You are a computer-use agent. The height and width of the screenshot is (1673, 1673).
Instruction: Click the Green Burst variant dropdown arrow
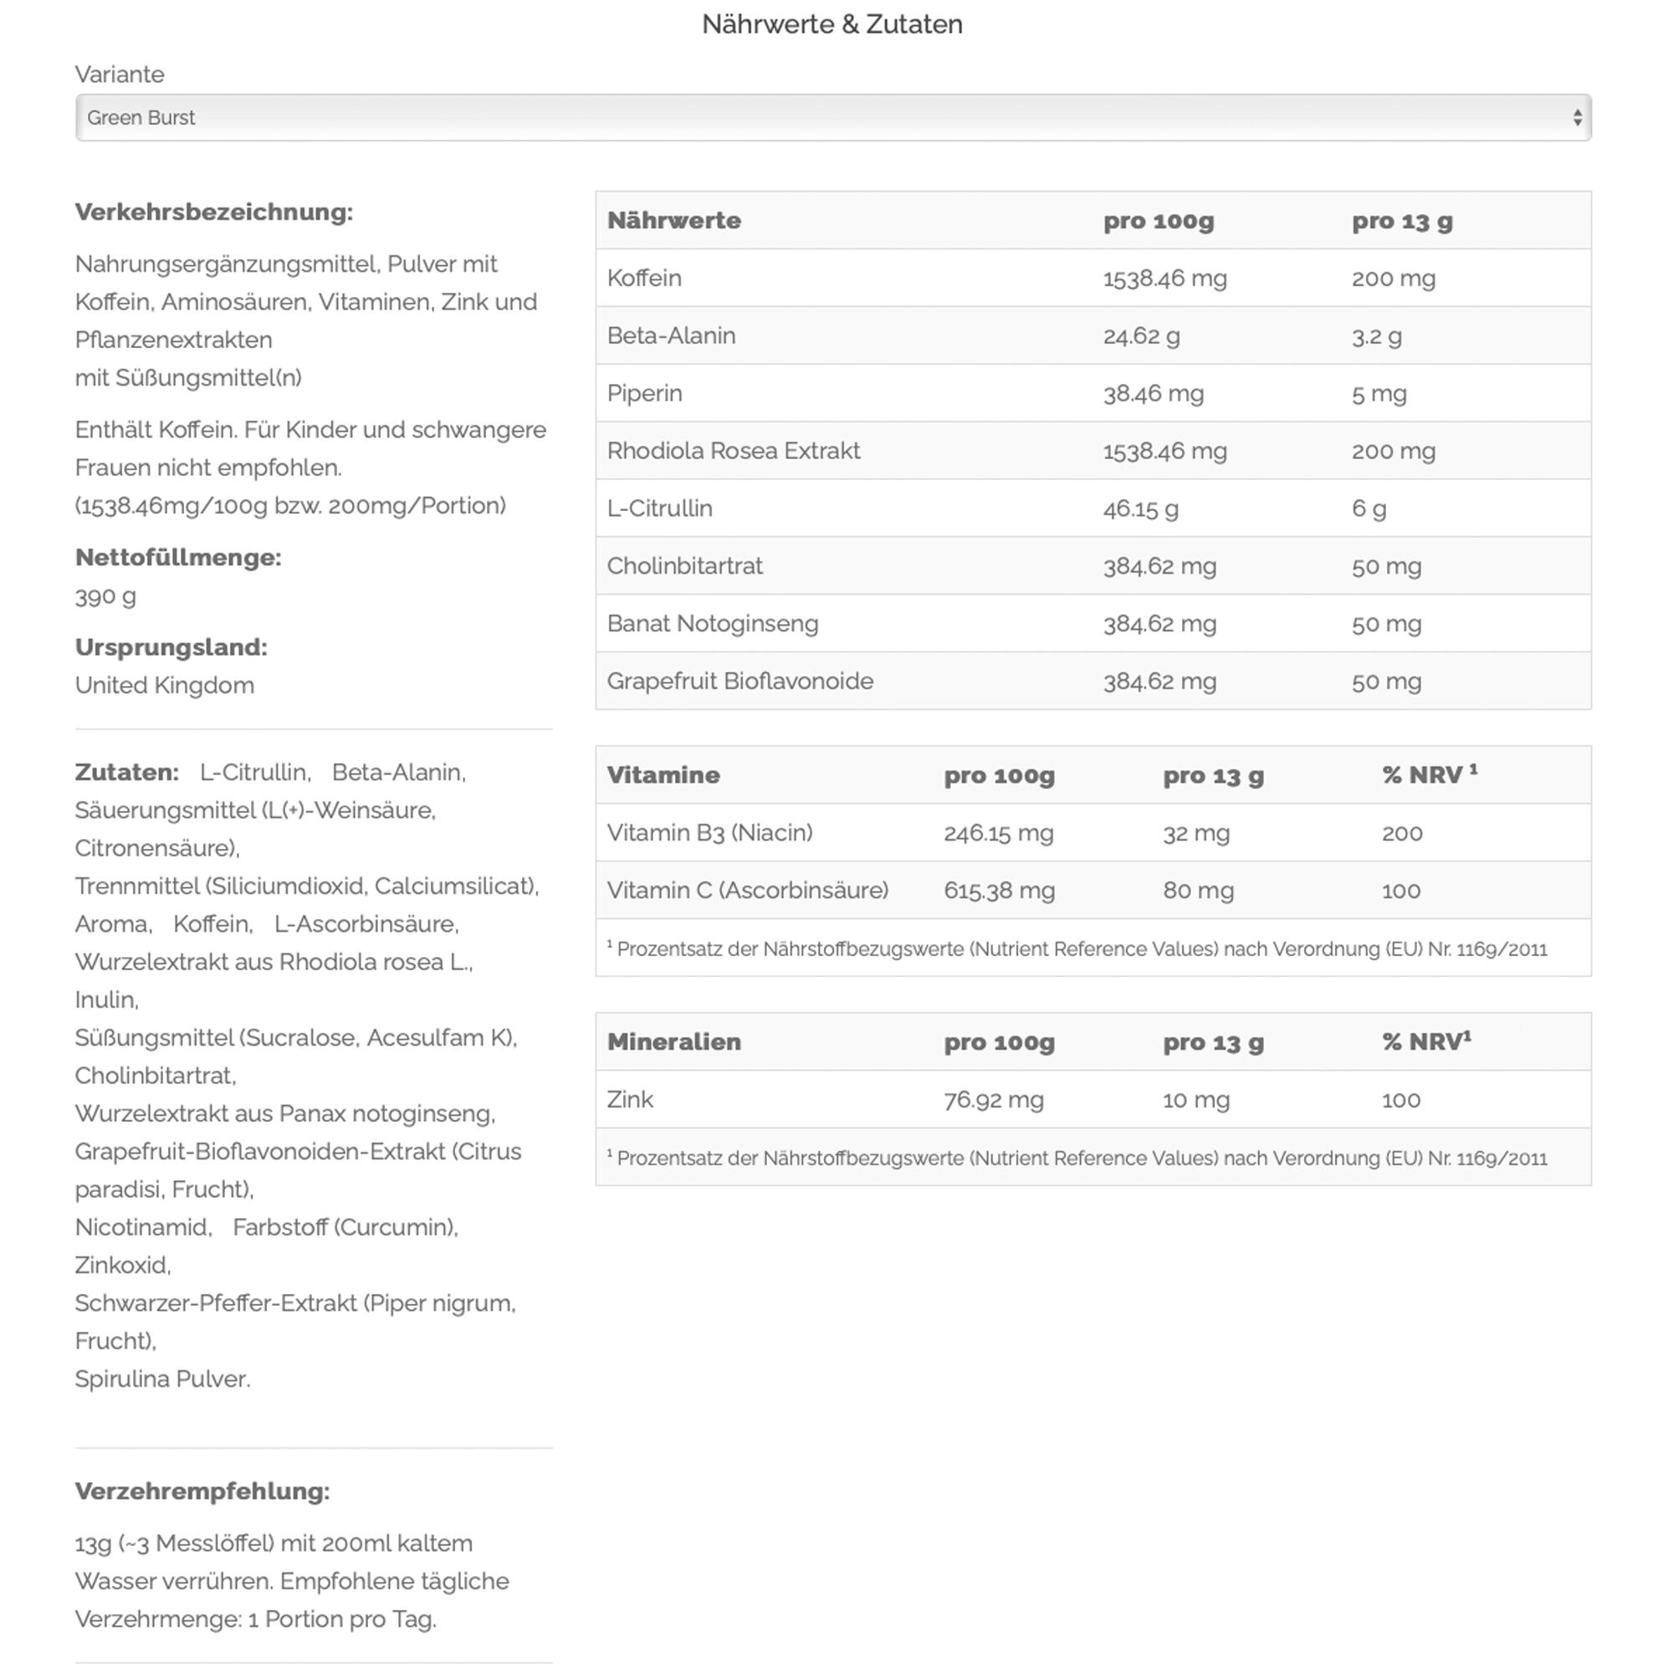(x=1577, y=118)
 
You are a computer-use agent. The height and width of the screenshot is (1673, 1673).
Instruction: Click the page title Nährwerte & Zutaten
(x=831, y=24)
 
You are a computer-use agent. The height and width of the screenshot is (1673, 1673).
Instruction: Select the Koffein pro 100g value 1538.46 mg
(x=1164, y=279)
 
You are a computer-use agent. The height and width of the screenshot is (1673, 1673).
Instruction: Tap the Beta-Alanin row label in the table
(x=671, y=336)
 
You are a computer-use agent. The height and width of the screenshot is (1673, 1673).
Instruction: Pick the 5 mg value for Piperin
(x=1379, y=394)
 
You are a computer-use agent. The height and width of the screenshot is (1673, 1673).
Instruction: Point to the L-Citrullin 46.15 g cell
(x=1140, y=509)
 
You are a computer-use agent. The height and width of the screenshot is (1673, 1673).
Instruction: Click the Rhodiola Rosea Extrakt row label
(x=734, y=451)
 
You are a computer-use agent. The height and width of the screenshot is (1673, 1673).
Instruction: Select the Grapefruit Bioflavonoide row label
(x=739, y=682)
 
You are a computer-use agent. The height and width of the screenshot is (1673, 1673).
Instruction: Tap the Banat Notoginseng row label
(x=712, y=623)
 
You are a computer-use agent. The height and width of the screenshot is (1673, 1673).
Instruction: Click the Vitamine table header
(x=663, y=775)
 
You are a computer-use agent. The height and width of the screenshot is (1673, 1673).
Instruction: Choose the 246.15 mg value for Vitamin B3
(x=999, y=833)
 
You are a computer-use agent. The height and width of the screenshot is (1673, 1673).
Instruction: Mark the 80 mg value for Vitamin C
(x=1198, y=891)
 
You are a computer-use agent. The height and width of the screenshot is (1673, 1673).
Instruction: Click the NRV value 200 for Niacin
(x=1402, y=833)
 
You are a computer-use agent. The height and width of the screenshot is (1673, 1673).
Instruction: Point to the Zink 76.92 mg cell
(x=993, y=1100)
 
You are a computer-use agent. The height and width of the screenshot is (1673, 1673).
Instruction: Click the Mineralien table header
(x=673, y=1041)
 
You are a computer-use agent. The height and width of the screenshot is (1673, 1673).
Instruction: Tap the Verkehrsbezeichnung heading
(x=214, y=212)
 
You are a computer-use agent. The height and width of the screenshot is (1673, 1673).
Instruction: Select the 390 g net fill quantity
(x=105, y=596)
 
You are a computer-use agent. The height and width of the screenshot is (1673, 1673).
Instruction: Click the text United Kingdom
(x=165, y=686)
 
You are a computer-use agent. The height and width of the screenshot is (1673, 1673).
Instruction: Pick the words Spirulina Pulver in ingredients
(x=162, y=1379)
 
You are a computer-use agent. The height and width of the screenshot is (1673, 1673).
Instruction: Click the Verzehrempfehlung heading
(x=202, y=1491)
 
